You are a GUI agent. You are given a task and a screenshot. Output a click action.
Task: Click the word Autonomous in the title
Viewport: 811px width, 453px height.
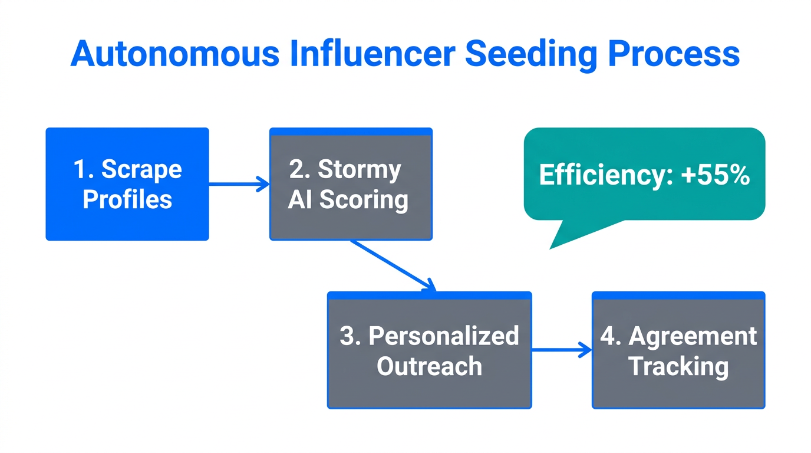[x=174, y=54]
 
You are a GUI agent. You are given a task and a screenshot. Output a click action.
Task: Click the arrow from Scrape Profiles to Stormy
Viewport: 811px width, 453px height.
[x=239, y=185]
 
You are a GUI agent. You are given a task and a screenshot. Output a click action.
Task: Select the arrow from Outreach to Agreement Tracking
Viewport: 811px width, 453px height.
[x=561, y=350]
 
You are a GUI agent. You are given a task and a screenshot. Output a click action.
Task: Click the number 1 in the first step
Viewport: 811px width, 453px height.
[x=80, y=170]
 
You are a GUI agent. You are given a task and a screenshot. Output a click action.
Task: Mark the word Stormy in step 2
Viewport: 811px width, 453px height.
[x=359, y=170]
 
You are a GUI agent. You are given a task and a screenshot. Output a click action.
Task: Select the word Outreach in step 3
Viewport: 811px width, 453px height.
[x=429, y=366]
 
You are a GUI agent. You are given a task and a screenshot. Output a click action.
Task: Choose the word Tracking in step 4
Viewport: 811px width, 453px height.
[x=678, y=366]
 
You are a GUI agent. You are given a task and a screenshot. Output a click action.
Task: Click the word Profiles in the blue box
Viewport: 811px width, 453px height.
[x=127, y=199]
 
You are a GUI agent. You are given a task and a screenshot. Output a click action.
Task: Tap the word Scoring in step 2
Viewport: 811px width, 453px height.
[x=364, y=199]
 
